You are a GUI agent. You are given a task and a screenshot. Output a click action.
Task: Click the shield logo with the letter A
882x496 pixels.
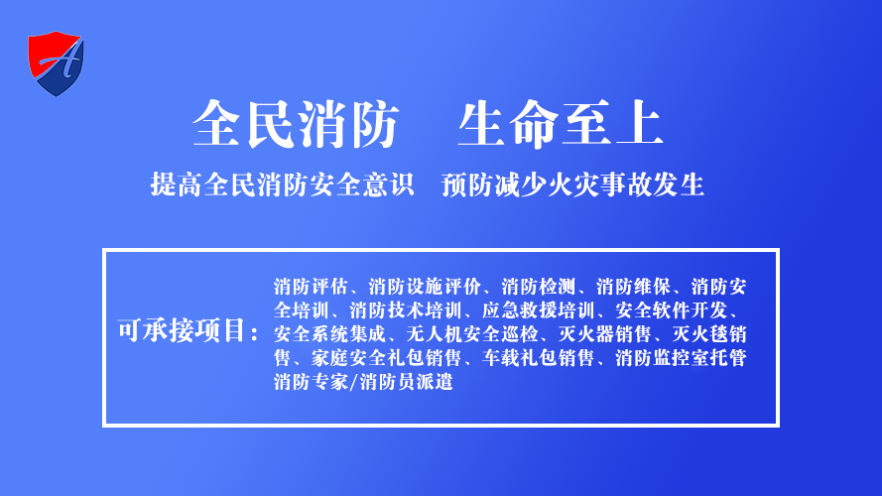point(56,63)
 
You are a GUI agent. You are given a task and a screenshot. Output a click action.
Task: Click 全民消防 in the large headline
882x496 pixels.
point(296,124)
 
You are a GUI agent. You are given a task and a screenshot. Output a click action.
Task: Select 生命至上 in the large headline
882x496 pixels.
point(561,124)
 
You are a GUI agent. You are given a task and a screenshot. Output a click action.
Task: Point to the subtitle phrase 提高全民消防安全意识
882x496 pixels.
point(283,185)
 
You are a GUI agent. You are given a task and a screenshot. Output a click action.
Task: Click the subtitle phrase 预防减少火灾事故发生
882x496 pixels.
point(572,185)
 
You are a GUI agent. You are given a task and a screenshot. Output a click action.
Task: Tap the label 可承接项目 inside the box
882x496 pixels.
point(183,330)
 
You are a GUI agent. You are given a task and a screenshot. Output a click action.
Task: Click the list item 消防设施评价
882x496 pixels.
point(425,287)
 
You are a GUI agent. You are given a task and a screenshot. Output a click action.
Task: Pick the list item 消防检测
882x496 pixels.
point(539,287)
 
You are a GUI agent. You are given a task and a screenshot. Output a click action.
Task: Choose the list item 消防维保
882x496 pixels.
point(633,287)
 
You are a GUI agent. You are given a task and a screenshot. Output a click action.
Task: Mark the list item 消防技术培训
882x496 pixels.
point(406,310)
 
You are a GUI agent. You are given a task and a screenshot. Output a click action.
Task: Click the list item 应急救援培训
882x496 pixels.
point(539,310)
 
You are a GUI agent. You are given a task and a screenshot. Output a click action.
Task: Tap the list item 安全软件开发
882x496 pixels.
point(671,310)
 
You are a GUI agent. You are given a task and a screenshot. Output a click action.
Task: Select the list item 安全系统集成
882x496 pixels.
point(330,334)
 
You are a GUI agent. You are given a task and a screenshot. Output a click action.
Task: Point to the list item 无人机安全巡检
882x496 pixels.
point(472,334)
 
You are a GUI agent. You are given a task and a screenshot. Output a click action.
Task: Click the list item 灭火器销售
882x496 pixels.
point(604,334)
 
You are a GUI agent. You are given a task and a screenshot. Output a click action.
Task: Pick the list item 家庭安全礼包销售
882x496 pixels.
point(387,358)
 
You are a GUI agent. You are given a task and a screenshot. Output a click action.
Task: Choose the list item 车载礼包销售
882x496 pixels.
point(539,358)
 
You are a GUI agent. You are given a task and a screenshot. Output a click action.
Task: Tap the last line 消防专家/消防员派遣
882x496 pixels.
point(363,382)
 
